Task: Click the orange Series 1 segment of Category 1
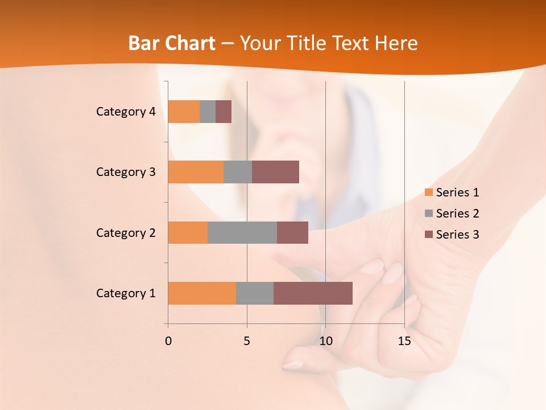pyautogui.click(x=202, y=293)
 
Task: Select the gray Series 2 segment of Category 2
pyautogui.click(x=242, y=232)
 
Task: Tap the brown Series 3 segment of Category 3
pyautogui.click(x=275, y=172)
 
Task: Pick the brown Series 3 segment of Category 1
pyautogui.click(x=313, y=293)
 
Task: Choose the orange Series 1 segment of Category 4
pyautogui.click(x=184, y=112)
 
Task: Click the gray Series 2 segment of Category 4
pyautogui.click(x=208, y=112)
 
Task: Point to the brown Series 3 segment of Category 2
pyautogui.click(x=292, y=232)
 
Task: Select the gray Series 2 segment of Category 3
pyautogui.click(x=238, y=172)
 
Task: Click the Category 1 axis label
pyautogui.click(x=126, y=293)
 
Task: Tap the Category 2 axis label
pyautogui.click(x=126, y=233)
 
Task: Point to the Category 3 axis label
pyautogui.click(x=126, y=172)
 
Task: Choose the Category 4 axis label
pyautogui.click(x=126, y=112)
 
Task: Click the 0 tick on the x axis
pyautogui.click(x=168, y=341)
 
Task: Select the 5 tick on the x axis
pyautogui.click(x=247, y=341)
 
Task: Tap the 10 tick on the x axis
pyautogui.click(x=325, y=341)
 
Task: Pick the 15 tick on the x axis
pyautogui.click(x=404, y=341)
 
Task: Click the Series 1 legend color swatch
pyautogui.click(x=428, y=192)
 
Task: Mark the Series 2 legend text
pyautogui.click(x=457, y=214)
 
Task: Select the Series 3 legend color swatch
pyautogui.click(x=428, y=235)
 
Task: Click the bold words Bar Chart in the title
pyautogui.click(x=172, y=43)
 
